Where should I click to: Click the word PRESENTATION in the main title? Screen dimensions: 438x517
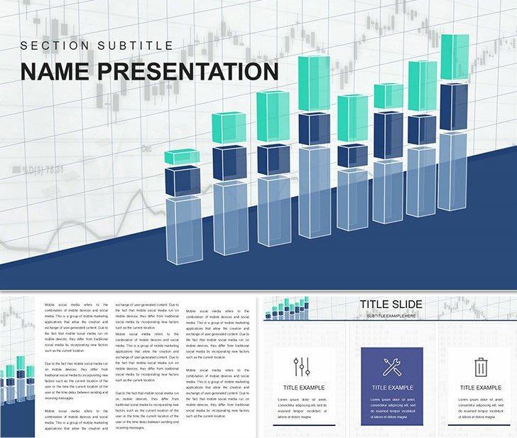(x=191, y=71)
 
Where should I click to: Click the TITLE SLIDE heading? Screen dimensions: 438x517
(x=391, y=304)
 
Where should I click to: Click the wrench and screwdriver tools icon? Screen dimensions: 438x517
(x=391, y=367)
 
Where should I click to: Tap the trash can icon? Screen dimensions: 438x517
(x=481, y=367)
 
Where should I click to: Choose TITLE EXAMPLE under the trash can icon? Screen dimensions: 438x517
(x=480, y=388)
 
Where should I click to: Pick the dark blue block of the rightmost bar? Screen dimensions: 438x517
(x=455, y=107)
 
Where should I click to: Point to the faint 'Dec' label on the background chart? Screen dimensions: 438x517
(x=148, y=149)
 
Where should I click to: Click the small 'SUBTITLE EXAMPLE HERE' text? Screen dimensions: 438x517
(x=391, y=315)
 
